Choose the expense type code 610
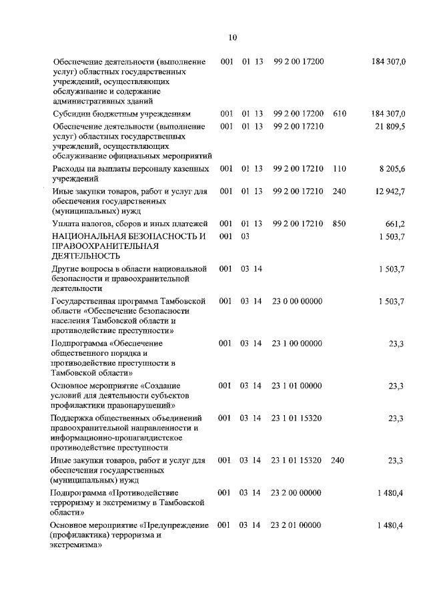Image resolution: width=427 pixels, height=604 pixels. (340, 114)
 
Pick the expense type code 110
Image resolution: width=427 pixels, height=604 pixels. (340, 169)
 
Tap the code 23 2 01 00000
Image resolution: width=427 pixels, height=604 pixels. (297, 526)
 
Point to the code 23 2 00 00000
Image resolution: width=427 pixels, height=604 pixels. (297, 493)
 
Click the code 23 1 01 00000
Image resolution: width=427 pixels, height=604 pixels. (297, 386)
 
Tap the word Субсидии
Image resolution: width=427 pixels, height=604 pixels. (70, 114)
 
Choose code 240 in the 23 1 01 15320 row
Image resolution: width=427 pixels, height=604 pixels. (338, 461)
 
